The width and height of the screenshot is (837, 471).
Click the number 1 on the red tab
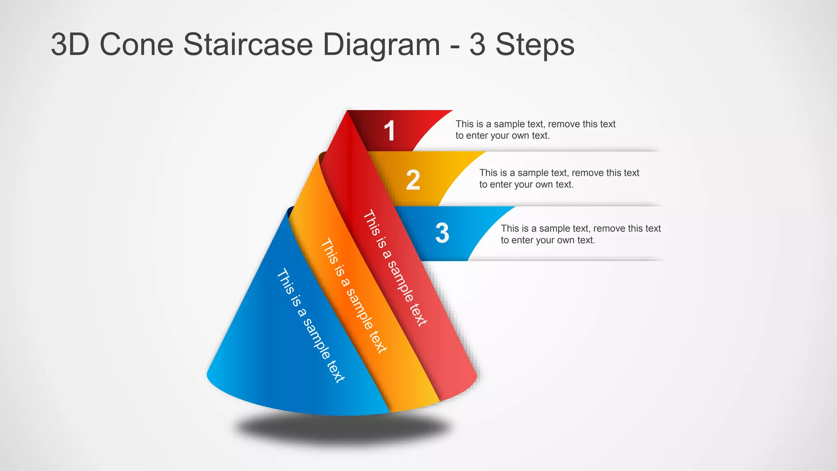pyautogui.click(x=390, y=131)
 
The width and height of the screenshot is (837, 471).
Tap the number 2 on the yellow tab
pyautogui.click(x=413, y=180)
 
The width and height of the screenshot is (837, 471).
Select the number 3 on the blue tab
pyautogui.click(x=442, y=233)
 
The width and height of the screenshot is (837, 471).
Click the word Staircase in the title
pyautogui.click(x=248, y=45)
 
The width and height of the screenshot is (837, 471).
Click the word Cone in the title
pyautogui.click(x=137, y=45)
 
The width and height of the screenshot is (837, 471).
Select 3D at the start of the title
pyautogui.click(x=70, y=45)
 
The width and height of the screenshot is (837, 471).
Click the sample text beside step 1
pyautogui.click(x=535, y=130)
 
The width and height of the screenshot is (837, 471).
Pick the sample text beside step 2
pyautogui.click(x=559, y=179)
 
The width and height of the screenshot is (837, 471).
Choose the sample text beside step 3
pyautogui.click(x=581, y=234)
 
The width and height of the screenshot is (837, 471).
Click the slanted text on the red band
pyautogui.click(x=395, y=268)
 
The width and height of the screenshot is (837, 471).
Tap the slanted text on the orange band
pyautogui.click(x=354, y=296)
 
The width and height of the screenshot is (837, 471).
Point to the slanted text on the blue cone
pyautogui.click(x=311, y=325)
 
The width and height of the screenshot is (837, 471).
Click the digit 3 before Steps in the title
pyautogui.click(x=477, y=45)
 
